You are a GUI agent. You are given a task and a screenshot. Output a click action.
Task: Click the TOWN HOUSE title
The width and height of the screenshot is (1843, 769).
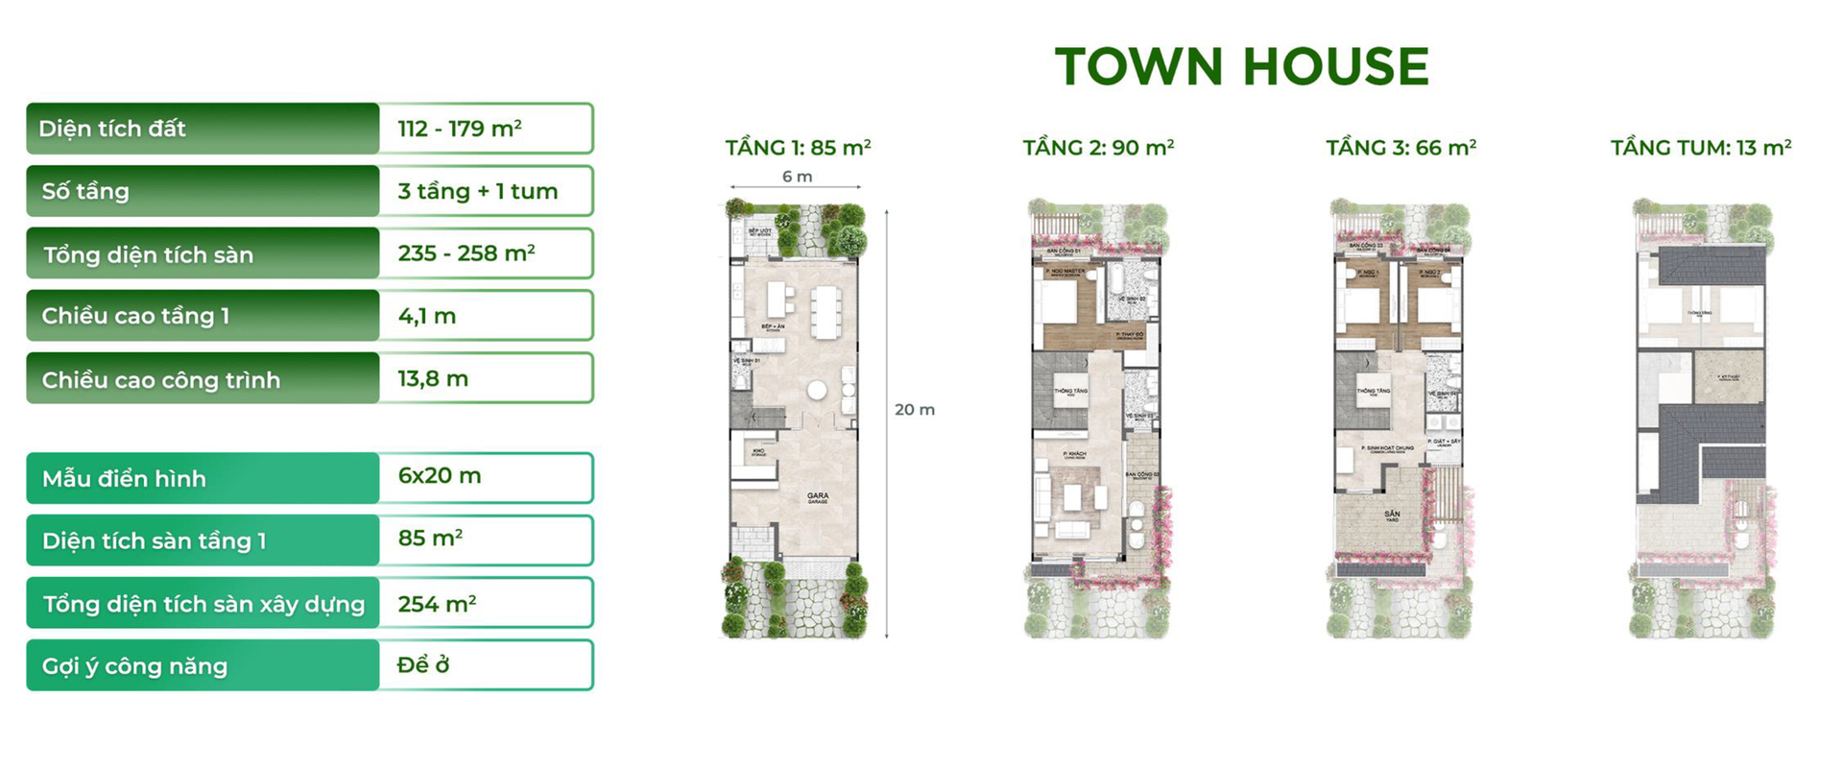point(1242,66)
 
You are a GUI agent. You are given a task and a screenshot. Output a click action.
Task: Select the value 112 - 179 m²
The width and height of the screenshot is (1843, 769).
point(460,129)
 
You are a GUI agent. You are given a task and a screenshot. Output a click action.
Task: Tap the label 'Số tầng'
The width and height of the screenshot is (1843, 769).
point(85,191)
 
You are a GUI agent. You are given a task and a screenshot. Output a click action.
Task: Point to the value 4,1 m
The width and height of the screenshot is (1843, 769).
point(427,316)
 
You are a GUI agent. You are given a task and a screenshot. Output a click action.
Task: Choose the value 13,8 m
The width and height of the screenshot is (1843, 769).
point(433,379)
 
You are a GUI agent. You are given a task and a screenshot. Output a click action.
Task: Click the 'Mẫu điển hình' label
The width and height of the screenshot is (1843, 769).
point(124,478)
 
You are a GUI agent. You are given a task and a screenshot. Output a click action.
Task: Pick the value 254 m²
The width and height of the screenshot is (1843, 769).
point(437,604)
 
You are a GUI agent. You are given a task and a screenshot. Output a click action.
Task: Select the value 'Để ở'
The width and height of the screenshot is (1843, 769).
point(423,665)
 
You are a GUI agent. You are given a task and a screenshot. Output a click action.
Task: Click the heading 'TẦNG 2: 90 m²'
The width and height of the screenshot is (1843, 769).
point(1098,148)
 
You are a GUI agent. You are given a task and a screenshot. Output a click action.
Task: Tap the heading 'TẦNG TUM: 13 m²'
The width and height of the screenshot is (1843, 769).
point(1701,148)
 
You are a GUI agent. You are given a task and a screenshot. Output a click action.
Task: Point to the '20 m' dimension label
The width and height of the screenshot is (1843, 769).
point(915,410)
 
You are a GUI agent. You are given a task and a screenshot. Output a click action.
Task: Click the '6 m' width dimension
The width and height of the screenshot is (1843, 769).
point(797,177)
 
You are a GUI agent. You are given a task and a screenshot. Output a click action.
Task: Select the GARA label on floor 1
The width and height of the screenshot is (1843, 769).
point(818,497)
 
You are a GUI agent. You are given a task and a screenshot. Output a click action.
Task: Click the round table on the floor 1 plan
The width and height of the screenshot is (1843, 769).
point(817,390)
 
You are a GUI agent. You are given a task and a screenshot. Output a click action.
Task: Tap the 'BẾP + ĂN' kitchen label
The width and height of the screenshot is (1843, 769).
point(773,327)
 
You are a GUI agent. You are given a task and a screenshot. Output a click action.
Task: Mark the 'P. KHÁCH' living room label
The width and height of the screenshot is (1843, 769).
point(1074,454)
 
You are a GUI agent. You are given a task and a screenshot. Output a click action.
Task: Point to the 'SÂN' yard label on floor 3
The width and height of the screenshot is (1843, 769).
point(1392,515)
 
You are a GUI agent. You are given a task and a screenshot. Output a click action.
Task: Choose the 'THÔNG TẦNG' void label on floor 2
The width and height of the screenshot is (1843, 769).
point(1071,392)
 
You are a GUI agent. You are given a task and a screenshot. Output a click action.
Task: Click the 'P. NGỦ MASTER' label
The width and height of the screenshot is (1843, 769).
point(1065,272)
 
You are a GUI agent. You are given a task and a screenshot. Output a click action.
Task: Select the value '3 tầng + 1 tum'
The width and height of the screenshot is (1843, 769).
point(478,191)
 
